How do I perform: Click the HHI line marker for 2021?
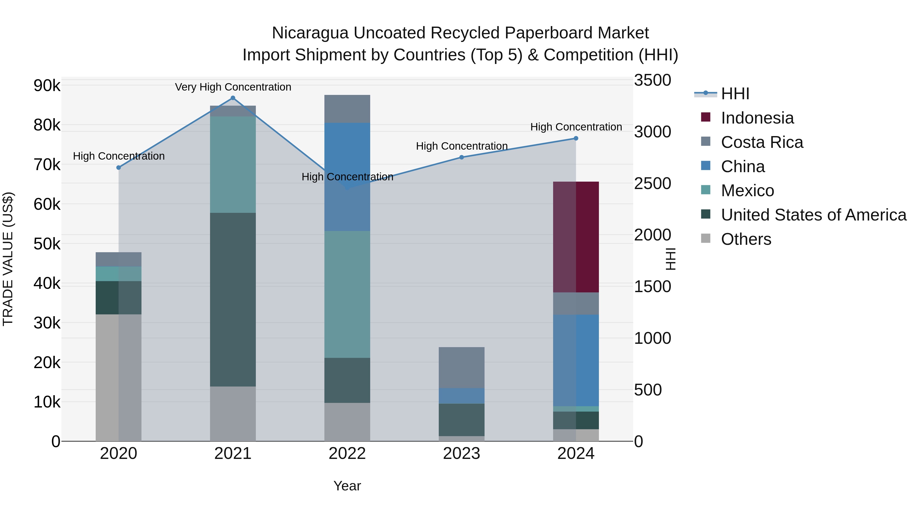(233, 98)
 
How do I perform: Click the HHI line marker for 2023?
(461, 157)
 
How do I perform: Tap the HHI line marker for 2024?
(576, 138)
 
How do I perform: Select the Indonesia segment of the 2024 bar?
(576, 237)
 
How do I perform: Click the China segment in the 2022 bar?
(347, 177)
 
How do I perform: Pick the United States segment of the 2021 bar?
(233, 300)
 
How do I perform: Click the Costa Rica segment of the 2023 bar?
(461, 368)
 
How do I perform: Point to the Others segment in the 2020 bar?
(118, 378)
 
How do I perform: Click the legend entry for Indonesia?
(757, 118)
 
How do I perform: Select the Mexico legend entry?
(747, 191)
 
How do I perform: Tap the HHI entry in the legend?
(735, 94)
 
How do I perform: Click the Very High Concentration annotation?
(233, 87)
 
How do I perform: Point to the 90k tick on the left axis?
(47, 86)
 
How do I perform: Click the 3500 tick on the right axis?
(652, 80)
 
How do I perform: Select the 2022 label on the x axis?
(347, 454)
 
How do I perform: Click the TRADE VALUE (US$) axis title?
(8, 259)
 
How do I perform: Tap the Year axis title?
(347, 486)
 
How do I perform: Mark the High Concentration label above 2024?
(576, 127)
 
